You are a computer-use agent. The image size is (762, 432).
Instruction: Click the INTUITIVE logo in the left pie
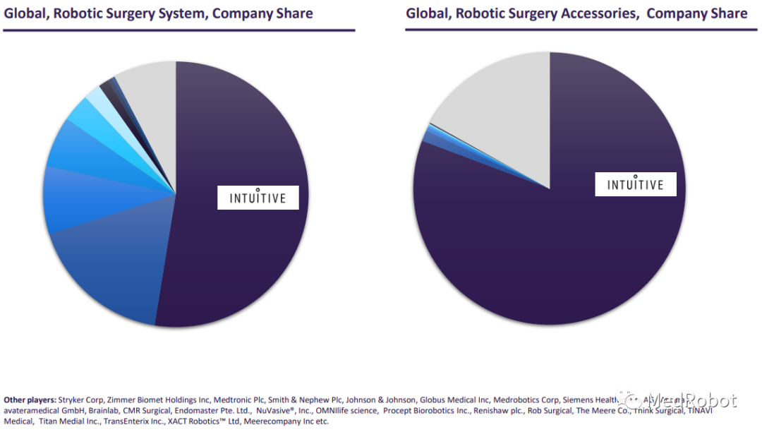point(258,197)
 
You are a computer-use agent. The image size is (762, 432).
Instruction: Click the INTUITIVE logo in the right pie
point(636,184)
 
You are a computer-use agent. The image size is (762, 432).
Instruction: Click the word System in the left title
point(190,13)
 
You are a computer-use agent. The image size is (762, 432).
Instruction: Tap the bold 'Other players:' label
point(30,399)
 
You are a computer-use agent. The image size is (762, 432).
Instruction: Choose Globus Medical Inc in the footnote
point(454,399)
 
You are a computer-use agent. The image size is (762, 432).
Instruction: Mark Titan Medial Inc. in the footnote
point(66,421)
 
